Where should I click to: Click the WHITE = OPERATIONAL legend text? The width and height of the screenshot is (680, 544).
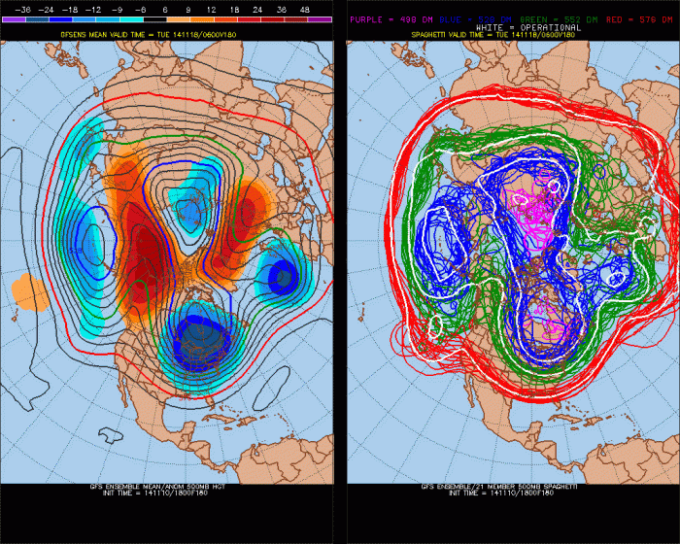(x=512, y=26)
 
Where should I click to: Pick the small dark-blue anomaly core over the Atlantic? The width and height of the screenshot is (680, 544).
(x=283, y=278)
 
